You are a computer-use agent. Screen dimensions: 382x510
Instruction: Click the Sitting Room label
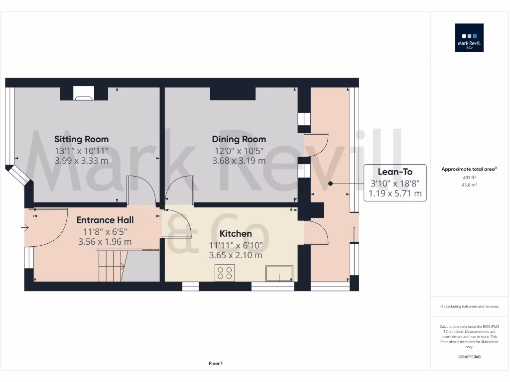(81, 139)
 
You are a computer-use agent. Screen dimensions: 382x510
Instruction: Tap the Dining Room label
(239, 139)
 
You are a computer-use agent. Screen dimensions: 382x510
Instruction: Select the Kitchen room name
(236, 233)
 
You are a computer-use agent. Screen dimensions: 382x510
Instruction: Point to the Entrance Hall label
(105, 220)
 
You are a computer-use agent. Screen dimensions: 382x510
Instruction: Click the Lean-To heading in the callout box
(395, 172)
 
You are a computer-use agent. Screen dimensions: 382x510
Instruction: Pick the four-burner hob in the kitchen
(225, 273)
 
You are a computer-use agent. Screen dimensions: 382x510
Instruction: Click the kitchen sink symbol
(279, 273)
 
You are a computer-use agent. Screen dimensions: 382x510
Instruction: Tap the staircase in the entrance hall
(111, 266)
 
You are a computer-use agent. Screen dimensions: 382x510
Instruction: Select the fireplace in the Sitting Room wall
(83, 93)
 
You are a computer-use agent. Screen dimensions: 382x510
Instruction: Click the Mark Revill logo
(469, 38)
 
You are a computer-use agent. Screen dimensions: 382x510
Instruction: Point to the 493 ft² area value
(469, 178)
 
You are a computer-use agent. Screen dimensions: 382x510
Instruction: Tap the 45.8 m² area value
(469, 185)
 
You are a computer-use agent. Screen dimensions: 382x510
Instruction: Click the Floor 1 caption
(216, 364)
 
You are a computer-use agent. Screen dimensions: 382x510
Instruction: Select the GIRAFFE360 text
(469, 357)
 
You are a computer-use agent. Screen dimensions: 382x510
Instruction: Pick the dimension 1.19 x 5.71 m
(395, 193)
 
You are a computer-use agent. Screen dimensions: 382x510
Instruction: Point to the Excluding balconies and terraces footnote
(469, 306)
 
